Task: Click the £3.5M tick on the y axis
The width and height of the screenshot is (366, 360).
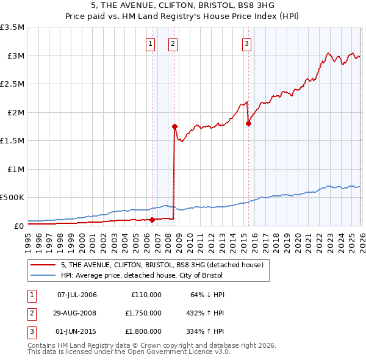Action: coord(13,27)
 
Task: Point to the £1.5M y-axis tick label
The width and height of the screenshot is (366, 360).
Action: coord(13,141)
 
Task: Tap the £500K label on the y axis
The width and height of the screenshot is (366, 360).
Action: coord(13,198)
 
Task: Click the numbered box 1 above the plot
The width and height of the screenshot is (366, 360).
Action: coord(151,43)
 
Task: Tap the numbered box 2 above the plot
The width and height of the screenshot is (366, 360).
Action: coord(173,43)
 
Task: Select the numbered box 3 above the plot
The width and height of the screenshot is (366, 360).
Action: coord(246,43)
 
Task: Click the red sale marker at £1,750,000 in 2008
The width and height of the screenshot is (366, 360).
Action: coord(174,127)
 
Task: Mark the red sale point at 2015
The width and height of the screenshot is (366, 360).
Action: coord(248,124)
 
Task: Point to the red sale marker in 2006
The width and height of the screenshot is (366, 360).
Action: coord(152,220)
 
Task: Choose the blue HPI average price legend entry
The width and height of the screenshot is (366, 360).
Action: coord(146,275)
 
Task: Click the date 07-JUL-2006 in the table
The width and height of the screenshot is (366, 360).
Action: coord(77,295)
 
